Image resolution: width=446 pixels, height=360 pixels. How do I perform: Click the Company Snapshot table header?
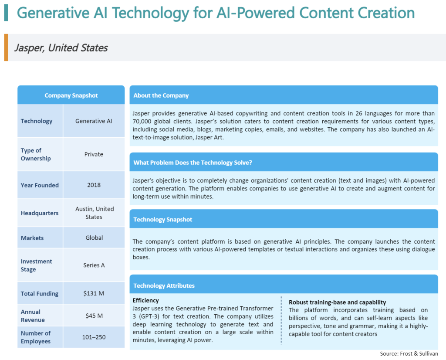(x=71, y=95)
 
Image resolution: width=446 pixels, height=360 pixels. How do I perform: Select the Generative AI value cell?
(x=94, y=121)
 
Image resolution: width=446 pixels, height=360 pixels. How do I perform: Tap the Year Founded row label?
(x=40, y=185)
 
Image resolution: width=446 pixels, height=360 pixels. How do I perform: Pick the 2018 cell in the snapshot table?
(x=94, y=185)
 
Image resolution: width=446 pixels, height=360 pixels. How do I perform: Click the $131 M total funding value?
(x=94, y=293)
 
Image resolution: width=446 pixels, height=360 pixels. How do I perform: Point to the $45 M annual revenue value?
(x=94, y=316)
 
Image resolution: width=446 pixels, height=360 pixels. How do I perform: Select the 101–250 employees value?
(x=94, y=337)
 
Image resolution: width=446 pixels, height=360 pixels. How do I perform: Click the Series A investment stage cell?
(x=94, y=265)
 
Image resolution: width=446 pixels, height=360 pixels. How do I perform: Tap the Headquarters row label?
(x=40, y=213)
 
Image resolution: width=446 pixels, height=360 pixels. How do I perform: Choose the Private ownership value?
(x=94, y=154)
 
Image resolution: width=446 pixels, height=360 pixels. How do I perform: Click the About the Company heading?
(x=161, y=95)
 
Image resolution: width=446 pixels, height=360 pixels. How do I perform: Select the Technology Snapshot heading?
(x=163, y=220)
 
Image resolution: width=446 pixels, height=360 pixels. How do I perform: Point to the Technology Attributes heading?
(x=164, y=286)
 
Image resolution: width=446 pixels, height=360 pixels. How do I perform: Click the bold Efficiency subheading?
(x=145, y=301)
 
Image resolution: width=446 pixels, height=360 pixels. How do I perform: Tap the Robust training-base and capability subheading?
(x=338, y=302)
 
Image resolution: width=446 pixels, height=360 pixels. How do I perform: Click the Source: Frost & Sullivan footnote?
(x=409, y=354)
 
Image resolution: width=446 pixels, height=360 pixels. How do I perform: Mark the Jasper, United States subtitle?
(x=61, y=48)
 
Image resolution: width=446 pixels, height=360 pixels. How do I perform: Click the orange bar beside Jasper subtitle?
(x=6, y=48)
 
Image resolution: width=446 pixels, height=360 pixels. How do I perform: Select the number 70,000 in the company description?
(x=142, y=122)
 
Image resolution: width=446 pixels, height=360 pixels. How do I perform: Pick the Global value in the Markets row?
(x=94, y=238)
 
